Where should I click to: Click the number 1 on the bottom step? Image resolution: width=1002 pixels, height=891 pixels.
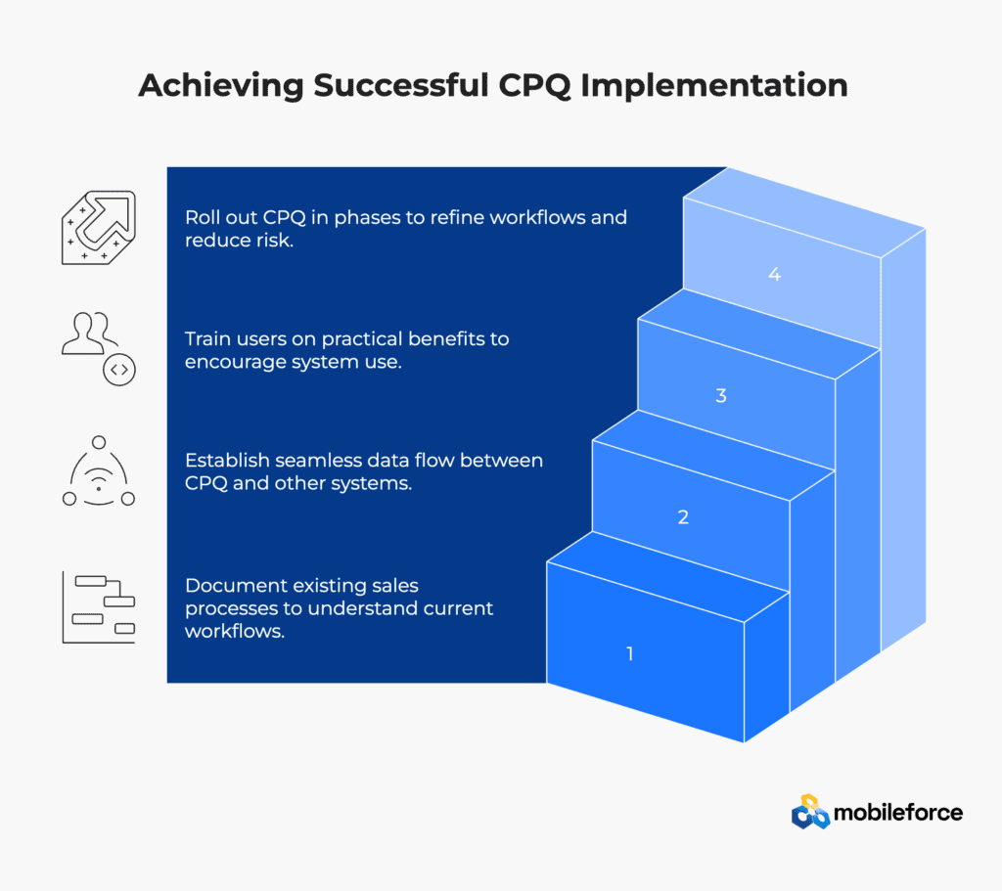630,653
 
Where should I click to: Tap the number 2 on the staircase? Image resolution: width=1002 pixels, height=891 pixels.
683,516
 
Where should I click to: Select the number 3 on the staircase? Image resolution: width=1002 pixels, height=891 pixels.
721,395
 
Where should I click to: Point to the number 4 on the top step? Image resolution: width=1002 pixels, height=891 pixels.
775,274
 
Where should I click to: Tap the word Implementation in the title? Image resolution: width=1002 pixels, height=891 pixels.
713,86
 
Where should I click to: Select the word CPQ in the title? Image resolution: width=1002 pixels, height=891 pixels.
534,86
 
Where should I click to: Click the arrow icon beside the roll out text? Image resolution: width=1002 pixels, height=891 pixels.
99,227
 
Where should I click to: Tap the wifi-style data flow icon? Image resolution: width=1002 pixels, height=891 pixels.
99,471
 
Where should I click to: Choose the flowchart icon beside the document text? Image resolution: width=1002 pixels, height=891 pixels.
99,607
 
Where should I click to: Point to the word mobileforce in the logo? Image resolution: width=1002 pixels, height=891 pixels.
898,813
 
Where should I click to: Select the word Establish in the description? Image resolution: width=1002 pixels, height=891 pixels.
227,460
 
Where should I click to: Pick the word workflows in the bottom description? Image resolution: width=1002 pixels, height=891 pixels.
235,631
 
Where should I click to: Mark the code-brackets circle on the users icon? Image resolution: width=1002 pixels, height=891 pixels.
119,370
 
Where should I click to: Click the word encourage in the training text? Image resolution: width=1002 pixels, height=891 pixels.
235,362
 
